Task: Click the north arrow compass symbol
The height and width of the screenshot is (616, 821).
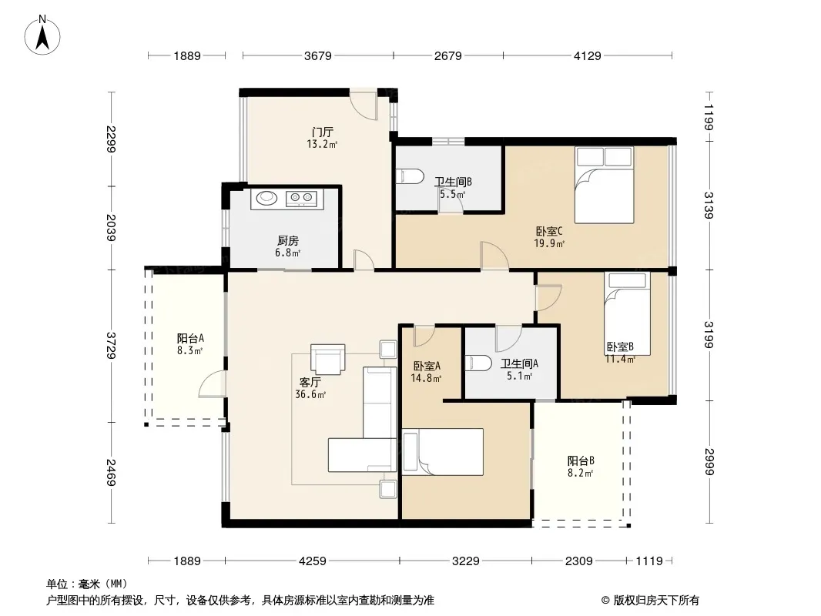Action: coord(42,35)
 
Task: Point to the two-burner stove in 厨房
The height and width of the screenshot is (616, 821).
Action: coord(302,197)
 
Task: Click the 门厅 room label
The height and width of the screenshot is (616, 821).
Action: coord(322,132)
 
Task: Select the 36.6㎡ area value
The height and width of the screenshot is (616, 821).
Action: coord(310,394)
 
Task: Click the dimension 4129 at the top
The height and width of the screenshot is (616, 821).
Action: coord(588,55)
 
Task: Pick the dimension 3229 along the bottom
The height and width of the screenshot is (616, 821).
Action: coord(465,561)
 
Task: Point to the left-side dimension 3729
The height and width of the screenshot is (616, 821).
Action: coord(111,346)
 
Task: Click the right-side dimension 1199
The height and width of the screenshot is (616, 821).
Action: coord(709,117)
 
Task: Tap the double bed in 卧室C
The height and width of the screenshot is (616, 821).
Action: coord(605,185)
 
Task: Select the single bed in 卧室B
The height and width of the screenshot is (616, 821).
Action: coord(627,313)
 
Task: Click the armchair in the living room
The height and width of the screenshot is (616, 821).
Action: coord(328,359)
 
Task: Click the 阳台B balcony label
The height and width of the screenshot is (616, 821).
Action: coord(581,461)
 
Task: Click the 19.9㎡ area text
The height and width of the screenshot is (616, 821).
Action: coord(548,243)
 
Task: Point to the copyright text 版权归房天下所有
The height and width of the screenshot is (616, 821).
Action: coord(656,601)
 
